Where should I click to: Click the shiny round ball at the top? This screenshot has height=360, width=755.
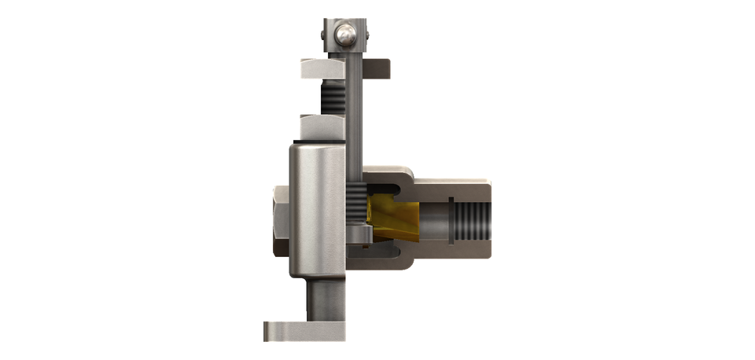click(x=345, y=35)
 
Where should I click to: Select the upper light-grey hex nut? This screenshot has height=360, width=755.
click(x=322, y=68)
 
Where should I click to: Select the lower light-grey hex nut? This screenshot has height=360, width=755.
click(x=322, y=127)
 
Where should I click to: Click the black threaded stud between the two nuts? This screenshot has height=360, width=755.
click(x=331, y=97)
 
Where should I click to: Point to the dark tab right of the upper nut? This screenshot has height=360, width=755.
click(x=378, y=68)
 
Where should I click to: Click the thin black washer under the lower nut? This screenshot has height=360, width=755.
click(x=319, y=141)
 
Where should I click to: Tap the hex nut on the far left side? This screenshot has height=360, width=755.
click(x=280, y=221)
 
